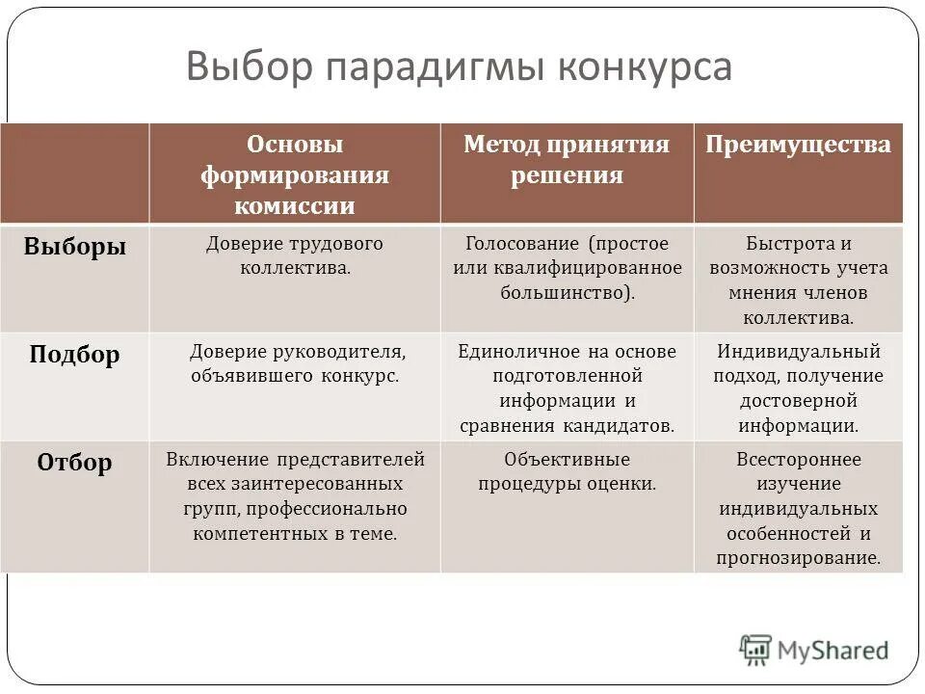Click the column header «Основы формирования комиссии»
click(295, 174)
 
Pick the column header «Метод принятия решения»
click(567, 160)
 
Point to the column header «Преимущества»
click(798, 146)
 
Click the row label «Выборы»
click(75, 247)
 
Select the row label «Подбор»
click(75, 355)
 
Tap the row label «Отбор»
click(75, 463)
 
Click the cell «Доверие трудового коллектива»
click(295, 255)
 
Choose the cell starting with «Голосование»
click(567, 267)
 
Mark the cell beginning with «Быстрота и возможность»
click(798, 280)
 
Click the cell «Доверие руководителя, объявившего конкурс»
click(295, 363)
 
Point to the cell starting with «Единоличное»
click(567, 387)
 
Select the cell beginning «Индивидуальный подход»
click(798, 387)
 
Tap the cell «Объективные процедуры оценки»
click(567, 471)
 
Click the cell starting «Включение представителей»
click(295, 495)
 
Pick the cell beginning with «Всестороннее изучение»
click(798, 508)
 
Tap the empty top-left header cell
click(75, 173)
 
